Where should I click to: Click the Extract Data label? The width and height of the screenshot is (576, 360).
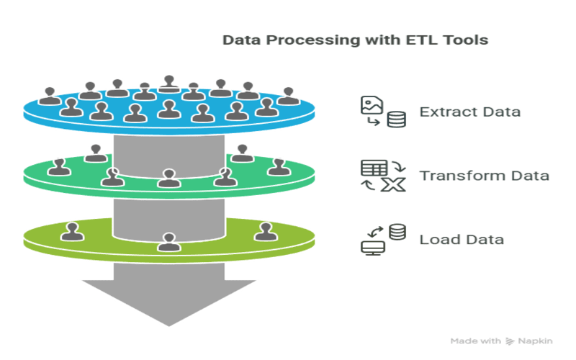[470, 112]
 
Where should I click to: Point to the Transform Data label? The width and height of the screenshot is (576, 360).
[484, 176]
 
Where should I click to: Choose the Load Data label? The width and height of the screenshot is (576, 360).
[462, 240]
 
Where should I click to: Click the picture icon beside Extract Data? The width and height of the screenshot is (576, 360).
[372, 105]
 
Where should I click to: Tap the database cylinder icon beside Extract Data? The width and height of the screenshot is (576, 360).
[397, 120]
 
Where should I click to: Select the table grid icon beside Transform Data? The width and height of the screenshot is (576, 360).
[374, 168]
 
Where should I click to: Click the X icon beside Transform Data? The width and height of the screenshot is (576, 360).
[393, 185]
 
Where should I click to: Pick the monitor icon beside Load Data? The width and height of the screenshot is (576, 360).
[372, 248]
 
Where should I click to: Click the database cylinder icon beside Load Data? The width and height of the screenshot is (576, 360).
[397, 232]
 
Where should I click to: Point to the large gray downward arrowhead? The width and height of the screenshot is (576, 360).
[169, 302]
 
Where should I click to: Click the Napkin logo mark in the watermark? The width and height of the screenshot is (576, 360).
[510, 341]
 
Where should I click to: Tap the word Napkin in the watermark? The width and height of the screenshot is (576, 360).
[535, 341]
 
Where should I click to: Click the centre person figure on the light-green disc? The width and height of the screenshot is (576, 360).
[169, 243]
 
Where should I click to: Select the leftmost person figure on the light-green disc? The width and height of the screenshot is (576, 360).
[72, 232]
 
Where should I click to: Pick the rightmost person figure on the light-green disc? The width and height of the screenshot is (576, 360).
[266, 232]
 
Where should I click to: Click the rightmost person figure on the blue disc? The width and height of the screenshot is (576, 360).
[289, 96]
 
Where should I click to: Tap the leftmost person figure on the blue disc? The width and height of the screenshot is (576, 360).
[50, 96]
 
